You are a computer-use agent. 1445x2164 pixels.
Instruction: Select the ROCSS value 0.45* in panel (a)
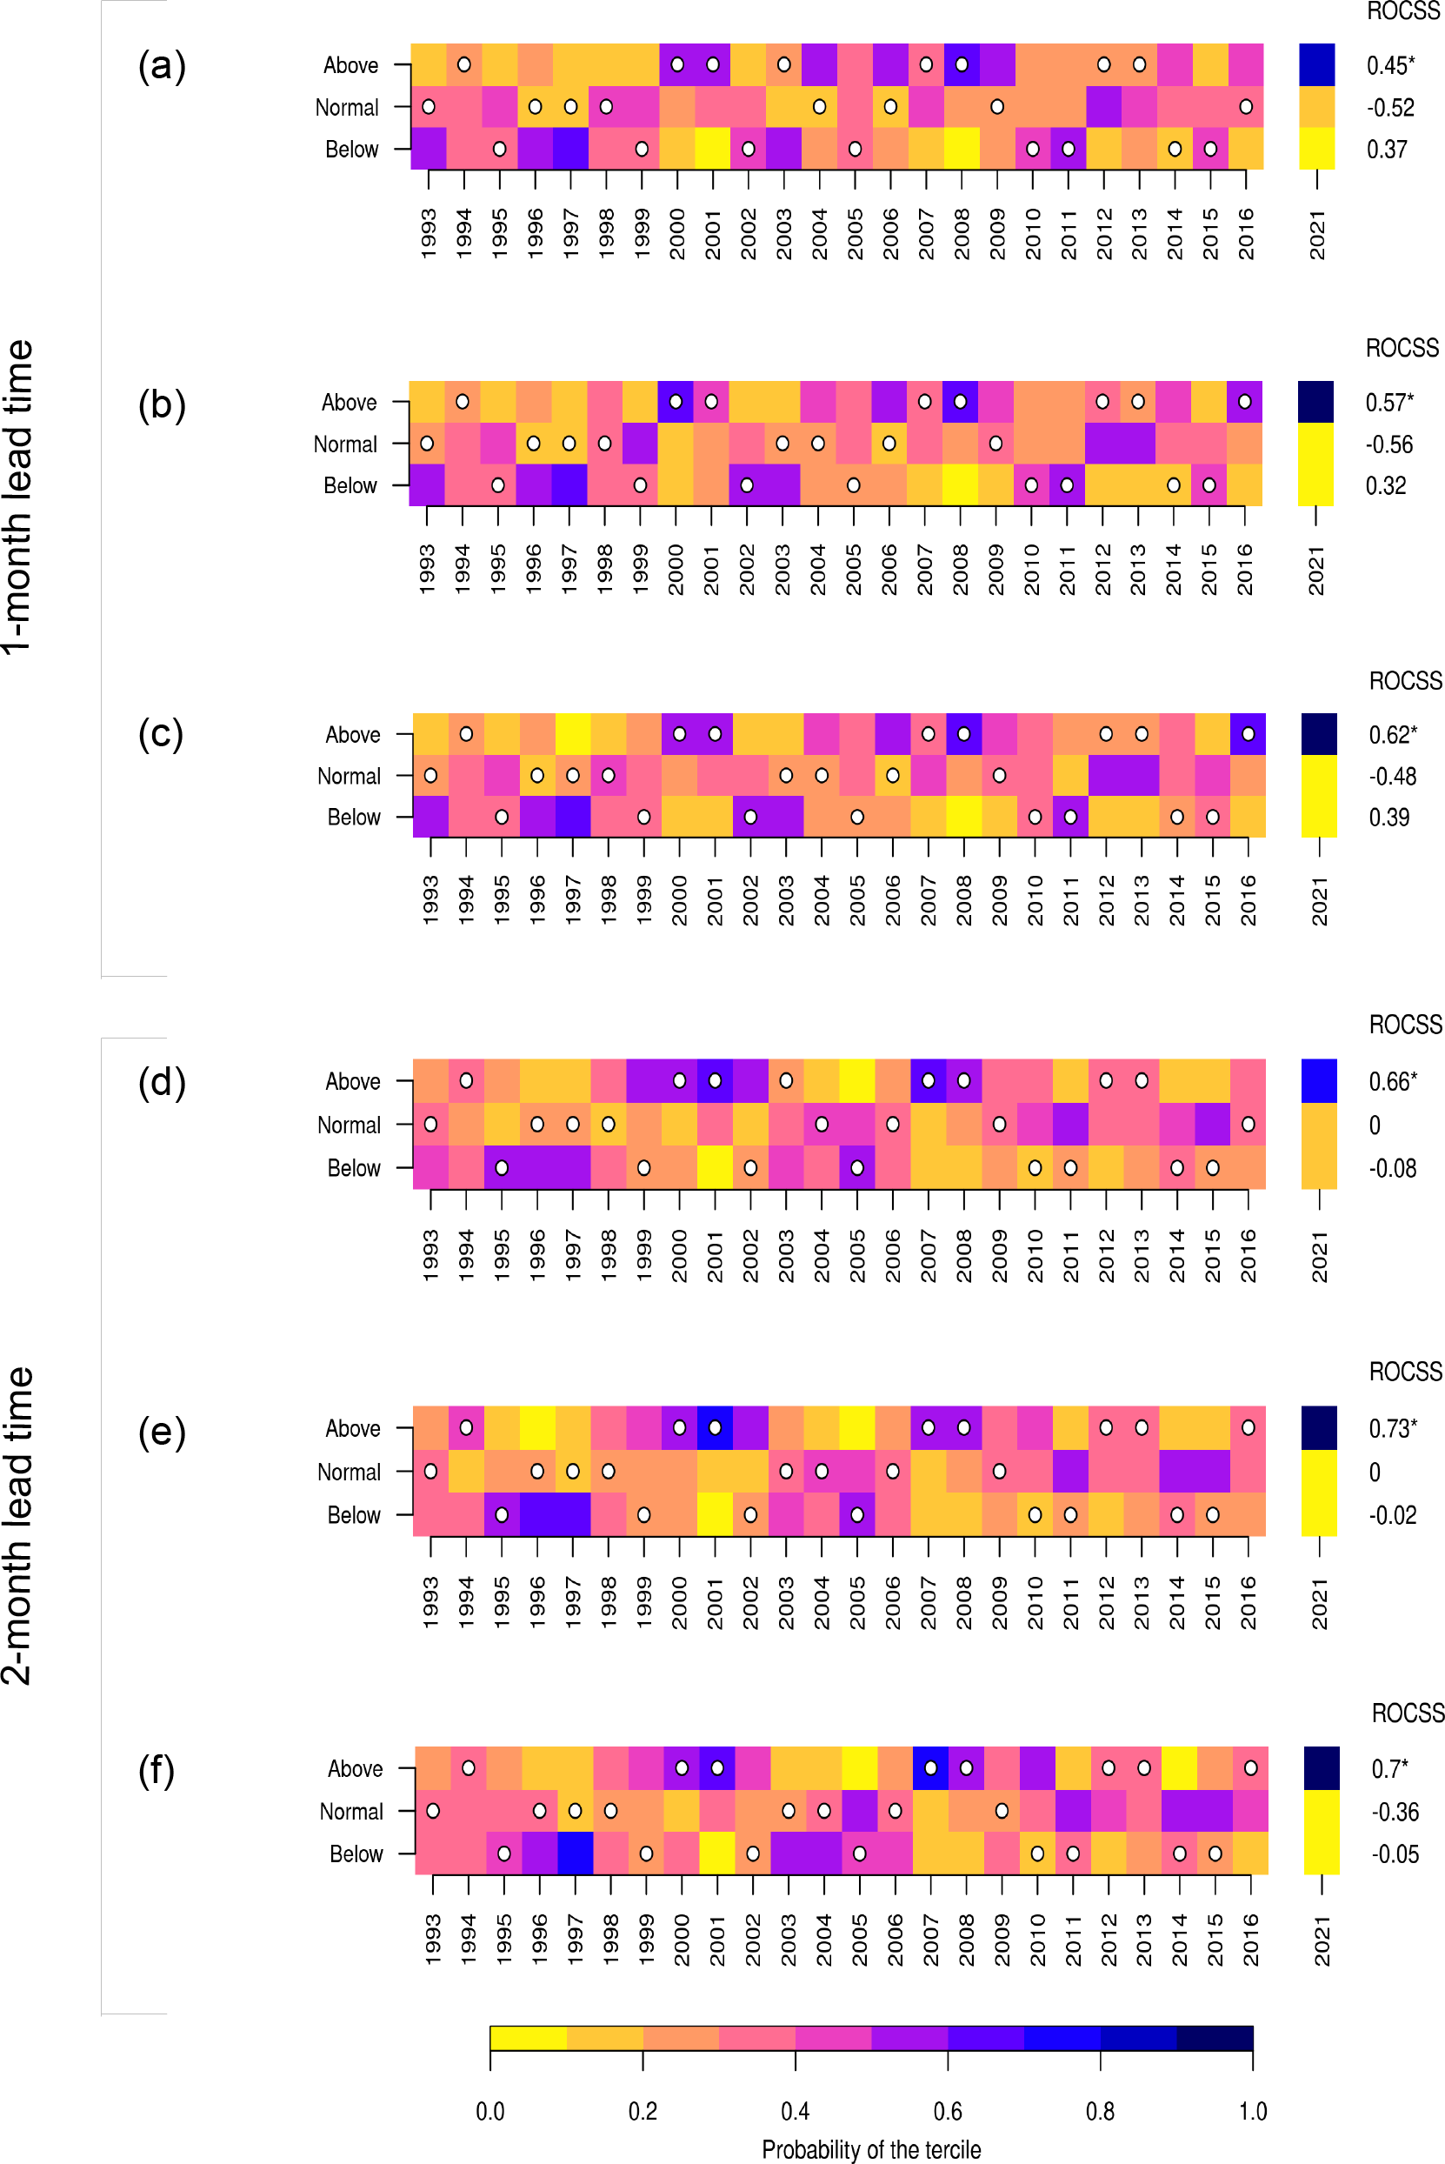click(x=1389, y=65)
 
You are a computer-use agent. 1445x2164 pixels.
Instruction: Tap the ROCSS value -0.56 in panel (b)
click(x=1388, y=444)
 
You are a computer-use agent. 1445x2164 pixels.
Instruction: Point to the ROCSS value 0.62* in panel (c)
click(x=1393, y=735)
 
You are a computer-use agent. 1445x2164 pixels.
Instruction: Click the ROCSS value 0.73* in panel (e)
click(x=1393, y=1427)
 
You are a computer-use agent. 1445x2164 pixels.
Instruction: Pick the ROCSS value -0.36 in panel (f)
click(x=1395, y=1811)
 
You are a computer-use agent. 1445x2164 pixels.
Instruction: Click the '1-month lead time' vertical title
click(x=17, y=498)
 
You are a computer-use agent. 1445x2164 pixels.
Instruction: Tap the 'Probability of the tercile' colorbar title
click(x=871, y=2149)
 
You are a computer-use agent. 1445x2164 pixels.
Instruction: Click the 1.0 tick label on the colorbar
click(x=1252, y=2111)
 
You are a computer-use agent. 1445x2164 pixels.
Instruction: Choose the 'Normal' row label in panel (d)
click(x=349, y=1125)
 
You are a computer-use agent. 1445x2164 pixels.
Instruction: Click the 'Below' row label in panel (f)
click(x=356, y=1853)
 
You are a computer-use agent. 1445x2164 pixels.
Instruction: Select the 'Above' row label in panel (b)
click(x=349, y=402)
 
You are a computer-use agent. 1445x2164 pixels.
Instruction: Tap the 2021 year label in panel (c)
click(x=1320, y=900)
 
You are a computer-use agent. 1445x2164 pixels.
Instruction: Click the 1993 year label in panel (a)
click(x=429, y=233)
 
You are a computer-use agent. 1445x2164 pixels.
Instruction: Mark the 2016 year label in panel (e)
click(x=1248, y=1603)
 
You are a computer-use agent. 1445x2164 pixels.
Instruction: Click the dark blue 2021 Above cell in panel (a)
click(x=1317, y=64)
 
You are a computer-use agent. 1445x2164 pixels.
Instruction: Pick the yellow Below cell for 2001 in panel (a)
click(x=712, y=149)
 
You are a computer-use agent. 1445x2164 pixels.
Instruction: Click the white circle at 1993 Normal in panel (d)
click(x=430, y=1125)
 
